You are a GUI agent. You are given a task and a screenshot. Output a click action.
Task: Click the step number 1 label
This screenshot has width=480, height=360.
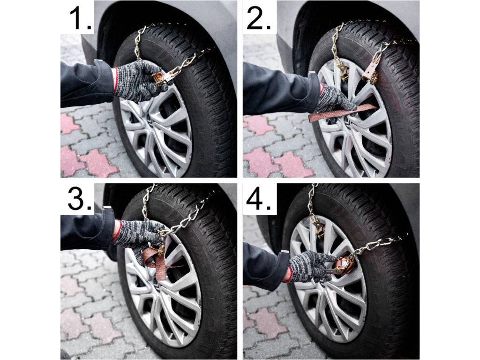click(x=81, y=18)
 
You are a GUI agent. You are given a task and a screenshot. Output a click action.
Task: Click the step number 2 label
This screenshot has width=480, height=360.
click(x=259, y=18)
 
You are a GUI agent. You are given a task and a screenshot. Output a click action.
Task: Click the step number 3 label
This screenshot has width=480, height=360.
click(x=80, y=199)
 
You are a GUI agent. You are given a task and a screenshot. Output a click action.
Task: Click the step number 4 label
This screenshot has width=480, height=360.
click(x=259, y=199)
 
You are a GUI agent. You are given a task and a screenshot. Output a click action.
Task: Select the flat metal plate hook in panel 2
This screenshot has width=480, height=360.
click(x=370, y=72)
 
